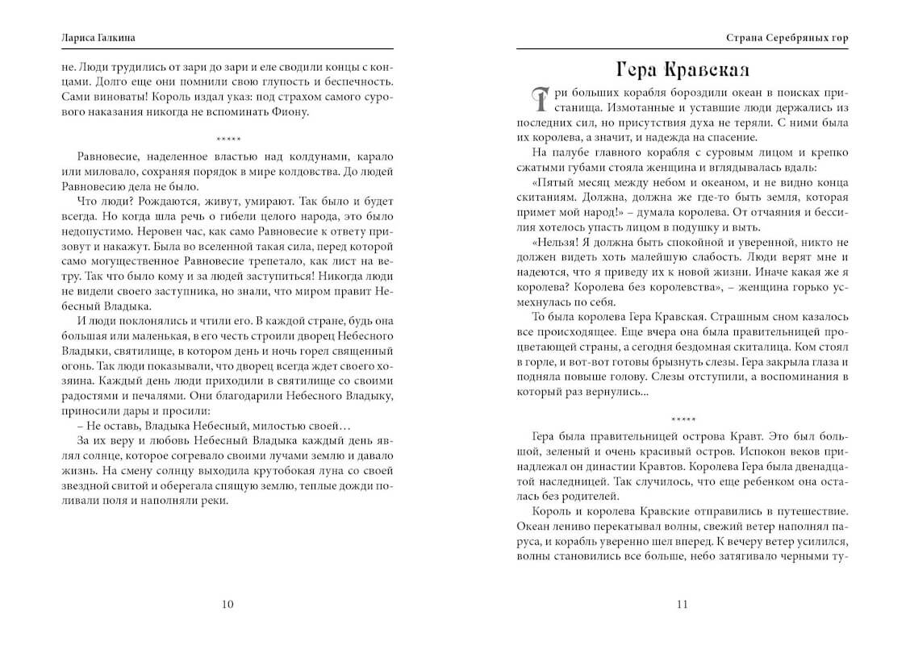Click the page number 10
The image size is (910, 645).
point(227,605)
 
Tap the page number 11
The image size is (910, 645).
point(682,605)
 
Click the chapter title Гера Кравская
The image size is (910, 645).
point(682,68)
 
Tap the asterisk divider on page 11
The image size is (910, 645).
point(682,419)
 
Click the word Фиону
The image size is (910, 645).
point(290,111)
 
